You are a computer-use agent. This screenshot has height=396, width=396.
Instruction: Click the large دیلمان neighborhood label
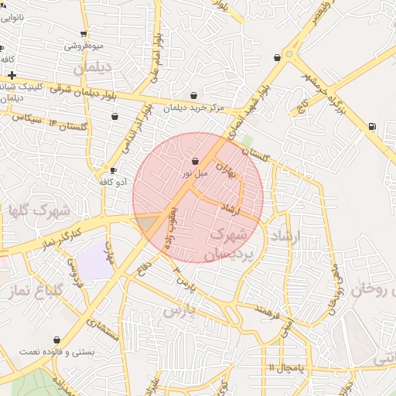click(94, 68)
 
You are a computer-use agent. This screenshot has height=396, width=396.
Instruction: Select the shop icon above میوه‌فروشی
click(84, 34)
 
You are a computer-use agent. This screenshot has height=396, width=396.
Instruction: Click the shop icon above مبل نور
click(195, 161)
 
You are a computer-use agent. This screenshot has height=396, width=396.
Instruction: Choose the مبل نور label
click(195, 173)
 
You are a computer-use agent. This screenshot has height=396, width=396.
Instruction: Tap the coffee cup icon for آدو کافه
click(114, 170)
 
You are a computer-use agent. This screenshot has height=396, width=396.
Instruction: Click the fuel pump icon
click(373, 126)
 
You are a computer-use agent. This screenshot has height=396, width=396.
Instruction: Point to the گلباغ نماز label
click(32, 289)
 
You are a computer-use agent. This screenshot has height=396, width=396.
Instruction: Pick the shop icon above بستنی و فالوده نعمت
click(56, 340)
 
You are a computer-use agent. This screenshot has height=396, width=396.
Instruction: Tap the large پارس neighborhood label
click(181, 310)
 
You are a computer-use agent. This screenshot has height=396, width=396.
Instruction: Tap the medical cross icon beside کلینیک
click(12, 75)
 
